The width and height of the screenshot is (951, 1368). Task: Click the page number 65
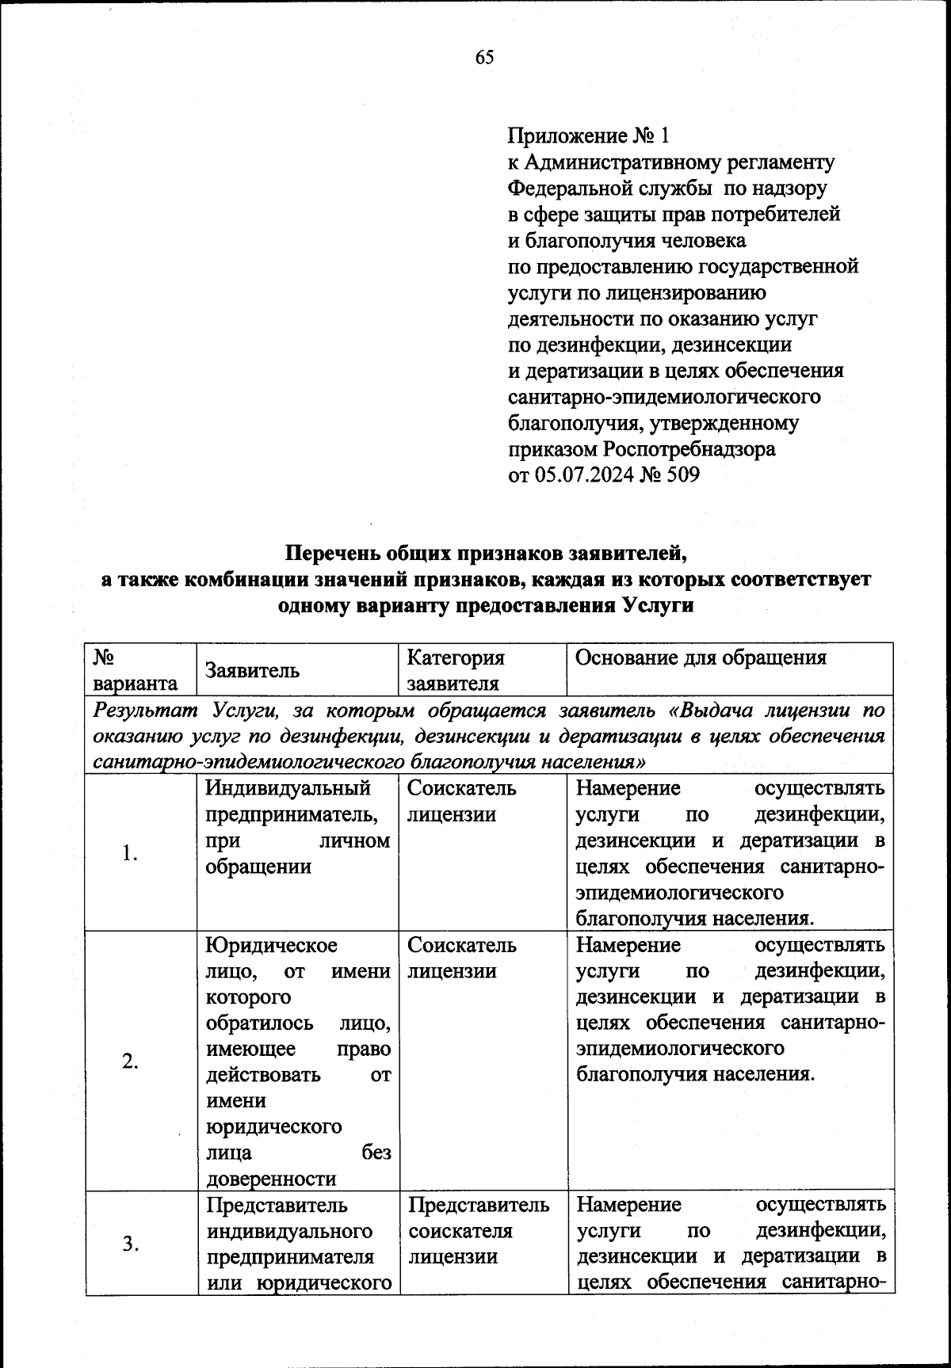point(484,57)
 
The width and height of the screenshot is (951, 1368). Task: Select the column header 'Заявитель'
point(253,670)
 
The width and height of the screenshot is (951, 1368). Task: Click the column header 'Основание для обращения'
point(701,657)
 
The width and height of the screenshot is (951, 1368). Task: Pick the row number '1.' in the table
point(131,853)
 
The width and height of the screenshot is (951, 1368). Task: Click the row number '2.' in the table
point(131,1062)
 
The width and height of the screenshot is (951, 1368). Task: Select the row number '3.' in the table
point(131,1244)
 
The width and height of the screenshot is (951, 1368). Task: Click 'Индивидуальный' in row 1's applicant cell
point(288,788)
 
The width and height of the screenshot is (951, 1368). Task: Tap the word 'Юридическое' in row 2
point(272,945)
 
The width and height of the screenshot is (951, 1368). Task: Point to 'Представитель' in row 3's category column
point(479,1205)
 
